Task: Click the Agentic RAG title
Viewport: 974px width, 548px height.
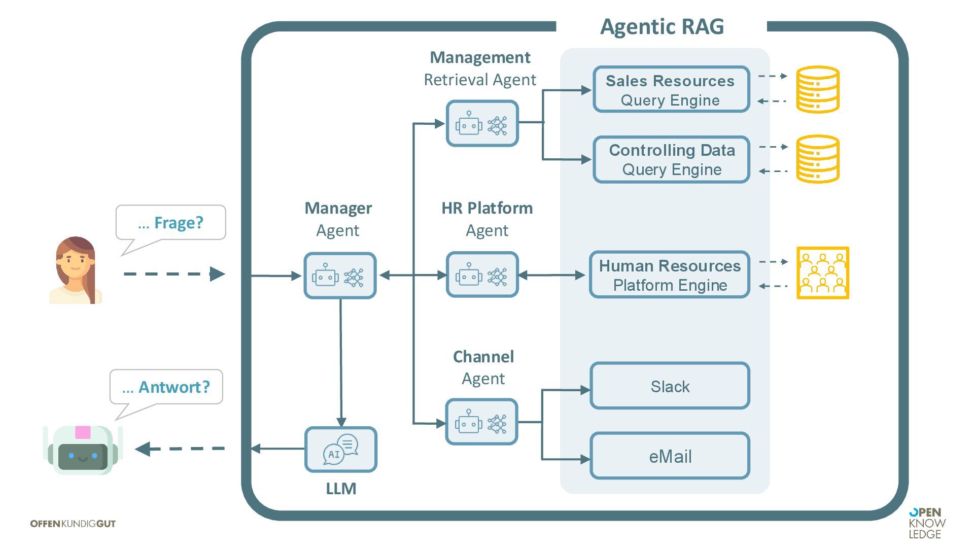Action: click(662, 26)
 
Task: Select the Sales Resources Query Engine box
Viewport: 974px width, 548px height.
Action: click(671, 90)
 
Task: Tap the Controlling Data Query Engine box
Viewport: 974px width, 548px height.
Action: click(671, 159)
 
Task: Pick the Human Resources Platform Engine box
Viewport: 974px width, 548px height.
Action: click(669, 275)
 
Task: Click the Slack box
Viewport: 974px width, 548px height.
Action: click(670, 386)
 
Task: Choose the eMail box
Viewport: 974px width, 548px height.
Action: click(670, 456)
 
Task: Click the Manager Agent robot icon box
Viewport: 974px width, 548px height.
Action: click(340, 276)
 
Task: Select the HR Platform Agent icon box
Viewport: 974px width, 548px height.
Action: click(482, 275)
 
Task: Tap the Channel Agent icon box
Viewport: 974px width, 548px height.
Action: click(481, 422)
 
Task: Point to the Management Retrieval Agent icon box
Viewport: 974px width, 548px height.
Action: click(482, 124)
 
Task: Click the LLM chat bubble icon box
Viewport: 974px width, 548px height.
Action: click(340, 450)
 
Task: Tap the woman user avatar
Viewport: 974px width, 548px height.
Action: click(76, 270)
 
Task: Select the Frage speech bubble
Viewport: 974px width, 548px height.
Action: click(170, 223)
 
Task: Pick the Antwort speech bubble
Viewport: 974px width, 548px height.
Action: click(166, 387)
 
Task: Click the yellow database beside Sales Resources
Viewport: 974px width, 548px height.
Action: click(817, 89)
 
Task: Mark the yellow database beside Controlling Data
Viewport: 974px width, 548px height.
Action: click(817, 159)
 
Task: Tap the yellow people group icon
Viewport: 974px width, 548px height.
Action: click(822, 273)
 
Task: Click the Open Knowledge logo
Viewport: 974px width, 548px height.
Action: click(927, 523)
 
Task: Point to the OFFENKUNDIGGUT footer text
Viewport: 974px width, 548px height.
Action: click(73, 524)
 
